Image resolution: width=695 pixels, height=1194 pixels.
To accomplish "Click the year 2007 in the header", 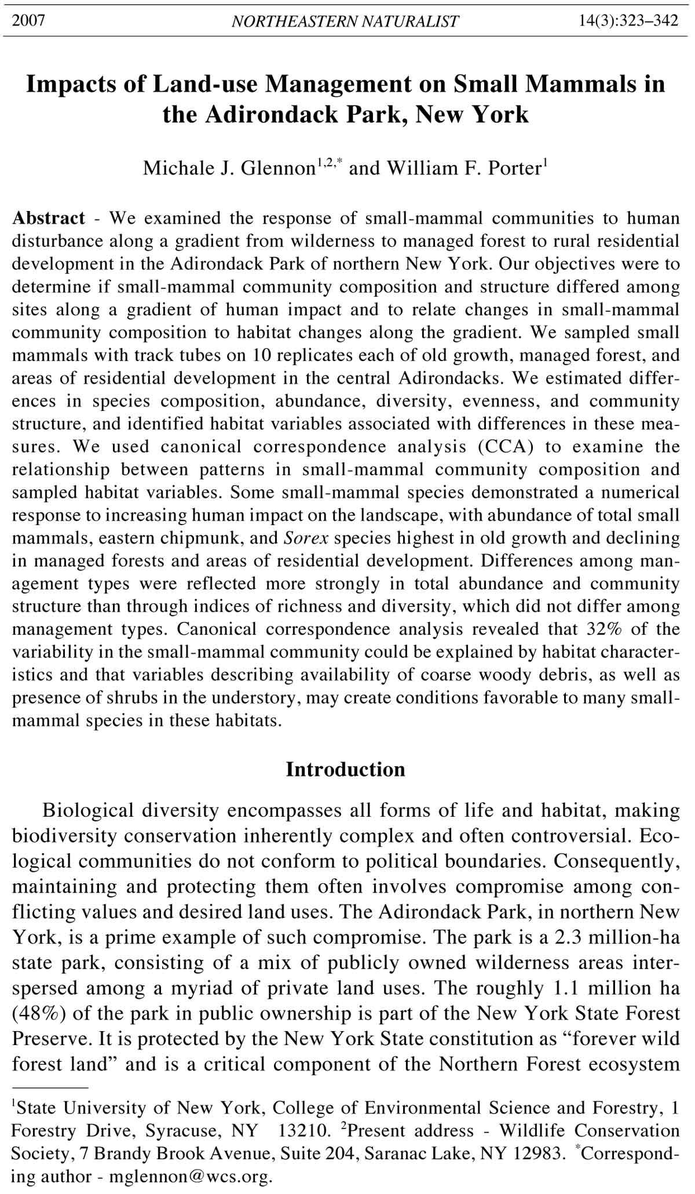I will tap(28, 21).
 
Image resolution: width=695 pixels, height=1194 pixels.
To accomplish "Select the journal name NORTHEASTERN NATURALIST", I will tap(345, 22).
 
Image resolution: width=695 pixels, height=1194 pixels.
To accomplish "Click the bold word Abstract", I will tap(49, 219).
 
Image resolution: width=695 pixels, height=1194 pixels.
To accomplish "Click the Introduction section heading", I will tap(346, 770).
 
